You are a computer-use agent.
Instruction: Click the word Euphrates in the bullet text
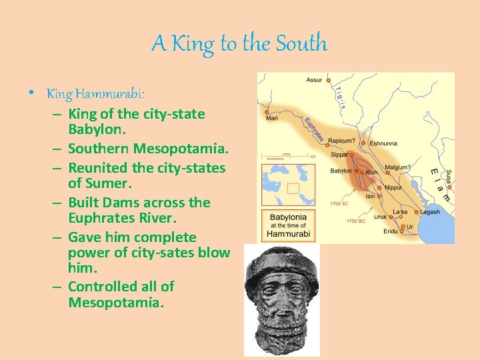102,217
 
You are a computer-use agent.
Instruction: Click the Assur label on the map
313,80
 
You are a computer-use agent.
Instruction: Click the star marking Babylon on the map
356,172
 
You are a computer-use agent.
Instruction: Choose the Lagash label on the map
429,212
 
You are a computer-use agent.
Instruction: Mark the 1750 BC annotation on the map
357,220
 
